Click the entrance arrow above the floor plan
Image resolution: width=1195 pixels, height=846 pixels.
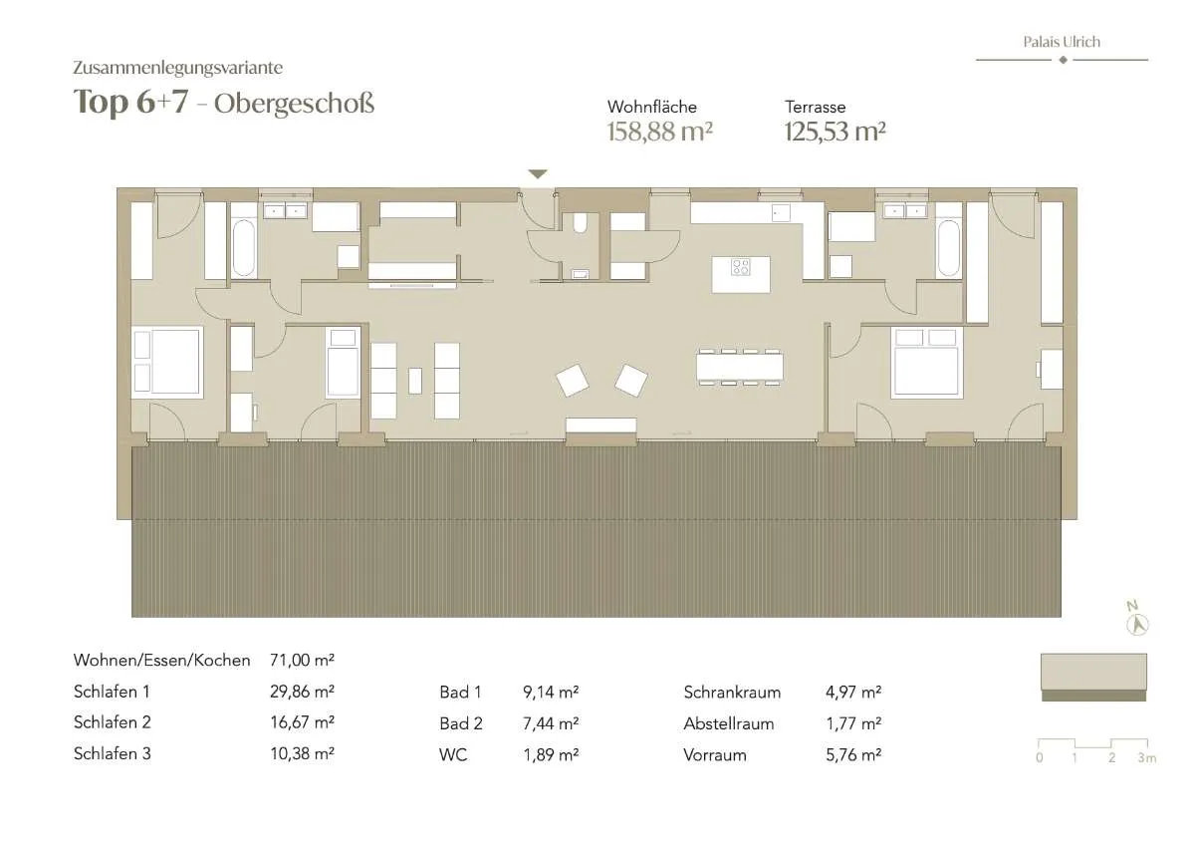538,174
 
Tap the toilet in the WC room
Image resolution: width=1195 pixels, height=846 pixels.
580,223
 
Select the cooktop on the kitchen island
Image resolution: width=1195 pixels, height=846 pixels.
741,267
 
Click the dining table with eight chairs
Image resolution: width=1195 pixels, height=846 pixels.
740,368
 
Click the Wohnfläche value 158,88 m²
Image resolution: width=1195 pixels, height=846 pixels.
660,132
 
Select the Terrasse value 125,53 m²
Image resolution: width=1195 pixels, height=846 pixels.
835,132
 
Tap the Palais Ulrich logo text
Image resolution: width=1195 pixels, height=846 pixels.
1062,42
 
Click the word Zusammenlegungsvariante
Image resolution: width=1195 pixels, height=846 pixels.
178,68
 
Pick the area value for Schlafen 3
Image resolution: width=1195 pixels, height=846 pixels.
302,753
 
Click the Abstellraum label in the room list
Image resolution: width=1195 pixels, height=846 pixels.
729,723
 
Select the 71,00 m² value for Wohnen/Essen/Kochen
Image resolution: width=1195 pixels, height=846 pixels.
302,661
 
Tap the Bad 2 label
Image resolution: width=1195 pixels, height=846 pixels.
461,723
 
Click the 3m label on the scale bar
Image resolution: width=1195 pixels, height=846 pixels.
1147,758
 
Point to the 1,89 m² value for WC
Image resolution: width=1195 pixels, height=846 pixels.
551,754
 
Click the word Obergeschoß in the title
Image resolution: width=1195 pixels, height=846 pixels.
294,104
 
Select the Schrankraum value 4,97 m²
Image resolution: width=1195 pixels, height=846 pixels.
853,693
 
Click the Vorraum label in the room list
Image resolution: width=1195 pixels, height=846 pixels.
715,755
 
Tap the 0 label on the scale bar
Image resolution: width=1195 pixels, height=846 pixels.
1040,758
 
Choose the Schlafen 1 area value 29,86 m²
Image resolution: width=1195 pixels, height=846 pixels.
302,692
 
